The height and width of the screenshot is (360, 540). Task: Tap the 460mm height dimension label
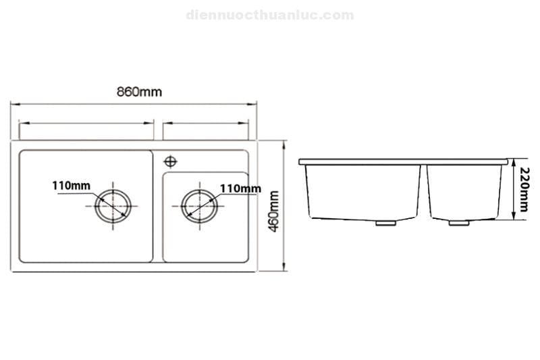click(x=274, y=211)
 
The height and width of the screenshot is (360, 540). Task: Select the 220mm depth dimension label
click(x=524, y=189)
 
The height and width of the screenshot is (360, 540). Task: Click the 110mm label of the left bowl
click(x=72, y=185)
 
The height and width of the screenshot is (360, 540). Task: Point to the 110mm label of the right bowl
click(x=240, y=188)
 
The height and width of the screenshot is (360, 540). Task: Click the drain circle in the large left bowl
click(x=113, y=205)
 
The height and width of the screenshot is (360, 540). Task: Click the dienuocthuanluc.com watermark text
click(x=269, y=15)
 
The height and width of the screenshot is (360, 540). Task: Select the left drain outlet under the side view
click(x=385, y=222)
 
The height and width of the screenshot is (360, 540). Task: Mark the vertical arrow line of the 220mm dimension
click(x=514, y=186)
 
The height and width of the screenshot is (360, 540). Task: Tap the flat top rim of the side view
click(x=403, y=161)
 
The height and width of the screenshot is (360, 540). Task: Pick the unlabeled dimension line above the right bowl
click(x=206, y=123)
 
